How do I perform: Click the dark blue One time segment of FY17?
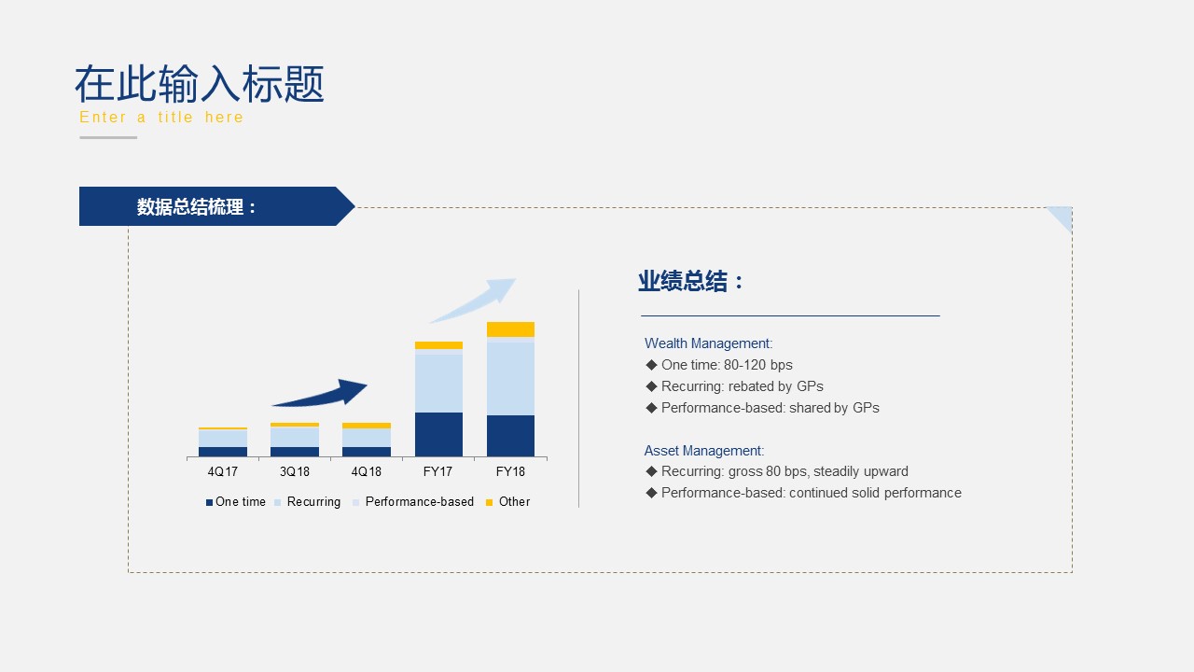438,434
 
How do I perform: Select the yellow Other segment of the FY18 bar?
510,329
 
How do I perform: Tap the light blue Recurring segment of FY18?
510,379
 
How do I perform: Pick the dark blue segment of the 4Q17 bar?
223,452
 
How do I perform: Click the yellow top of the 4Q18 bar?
367,426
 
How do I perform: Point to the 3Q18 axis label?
294,471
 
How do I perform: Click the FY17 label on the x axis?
437,471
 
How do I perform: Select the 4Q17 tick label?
223,471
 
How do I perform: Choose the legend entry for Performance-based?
413,502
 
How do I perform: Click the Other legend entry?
508,502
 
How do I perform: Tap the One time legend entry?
236,502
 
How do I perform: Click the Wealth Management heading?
708,343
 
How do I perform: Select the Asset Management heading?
704,451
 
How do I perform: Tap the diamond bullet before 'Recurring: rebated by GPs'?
651,386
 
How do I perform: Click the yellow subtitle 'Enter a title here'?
161,117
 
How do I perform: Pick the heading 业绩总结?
683,281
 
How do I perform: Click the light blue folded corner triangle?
1062,216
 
